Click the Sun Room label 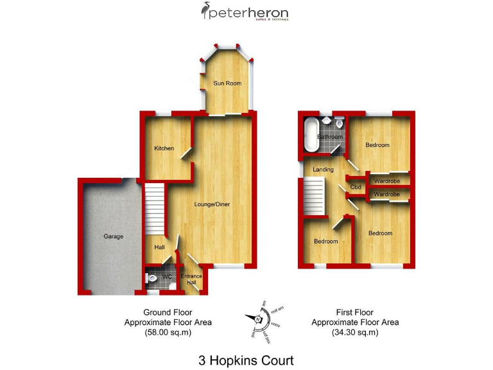[229, 83]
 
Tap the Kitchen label [164, 148]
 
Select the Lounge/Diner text [212, 204]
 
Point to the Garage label [113, 236]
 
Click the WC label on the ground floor [167, 277]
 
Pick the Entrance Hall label [191, 279]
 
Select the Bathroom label [331, 137]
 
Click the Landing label [323, 170]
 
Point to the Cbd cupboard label [356, 187]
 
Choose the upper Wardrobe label [387, 181]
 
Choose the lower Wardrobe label [387, 194]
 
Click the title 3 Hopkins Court [247, 360]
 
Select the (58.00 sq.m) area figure [168, 333]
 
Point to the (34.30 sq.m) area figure [354, 333]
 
